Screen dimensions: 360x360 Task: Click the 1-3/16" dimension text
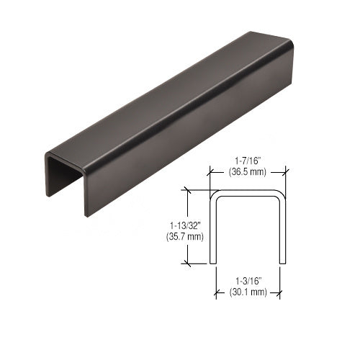(x=248, y=282)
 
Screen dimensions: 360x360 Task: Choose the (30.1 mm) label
(x=248, y=292)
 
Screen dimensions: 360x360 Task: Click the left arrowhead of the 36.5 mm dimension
(x=212, y=173)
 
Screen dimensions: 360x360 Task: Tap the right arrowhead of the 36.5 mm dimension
(x=284, y=173)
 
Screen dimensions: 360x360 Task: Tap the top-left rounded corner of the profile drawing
(x=215, y=196)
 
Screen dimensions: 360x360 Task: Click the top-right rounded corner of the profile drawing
(x=280, y=196)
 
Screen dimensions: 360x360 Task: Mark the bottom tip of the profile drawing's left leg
(x=212, y=263)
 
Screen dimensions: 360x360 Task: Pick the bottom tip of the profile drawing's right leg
(x=284, y=263)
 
